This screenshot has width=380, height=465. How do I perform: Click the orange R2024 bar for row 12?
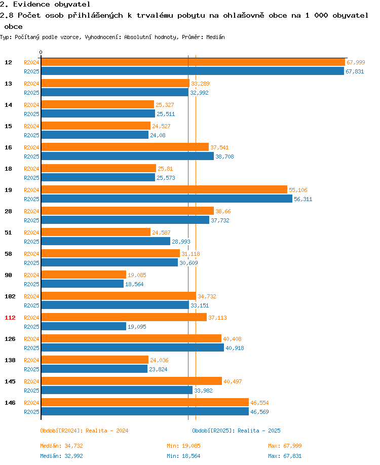(x=193, y=62)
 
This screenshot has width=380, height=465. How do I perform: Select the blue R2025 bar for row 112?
(x=84, y=327)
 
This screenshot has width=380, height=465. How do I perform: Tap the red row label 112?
(x=10, y=318)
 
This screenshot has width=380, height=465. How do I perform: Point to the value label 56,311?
(x=303, y=199)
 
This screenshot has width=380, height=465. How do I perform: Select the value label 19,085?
(x=137, y=275)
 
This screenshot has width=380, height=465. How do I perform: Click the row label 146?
(x=10, y=403)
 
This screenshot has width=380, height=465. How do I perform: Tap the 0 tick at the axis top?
(x=41, y=53)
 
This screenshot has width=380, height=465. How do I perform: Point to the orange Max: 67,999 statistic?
(x=285, y=446)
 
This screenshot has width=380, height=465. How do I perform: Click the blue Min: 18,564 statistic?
(x=183, y=456)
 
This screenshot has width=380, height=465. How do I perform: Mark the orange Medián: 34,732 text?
(x=61, y=446)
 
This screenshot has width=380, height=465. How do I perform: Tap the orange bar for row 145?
(x=131, y=381)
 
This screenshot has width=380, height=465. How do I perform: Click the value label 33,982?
(x=204, y=391)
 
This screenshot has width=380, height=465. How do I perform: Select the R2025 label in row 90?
(x=32, y=284)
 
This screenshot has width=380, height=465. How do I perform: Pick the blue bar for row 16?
(x=127, y=157)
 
